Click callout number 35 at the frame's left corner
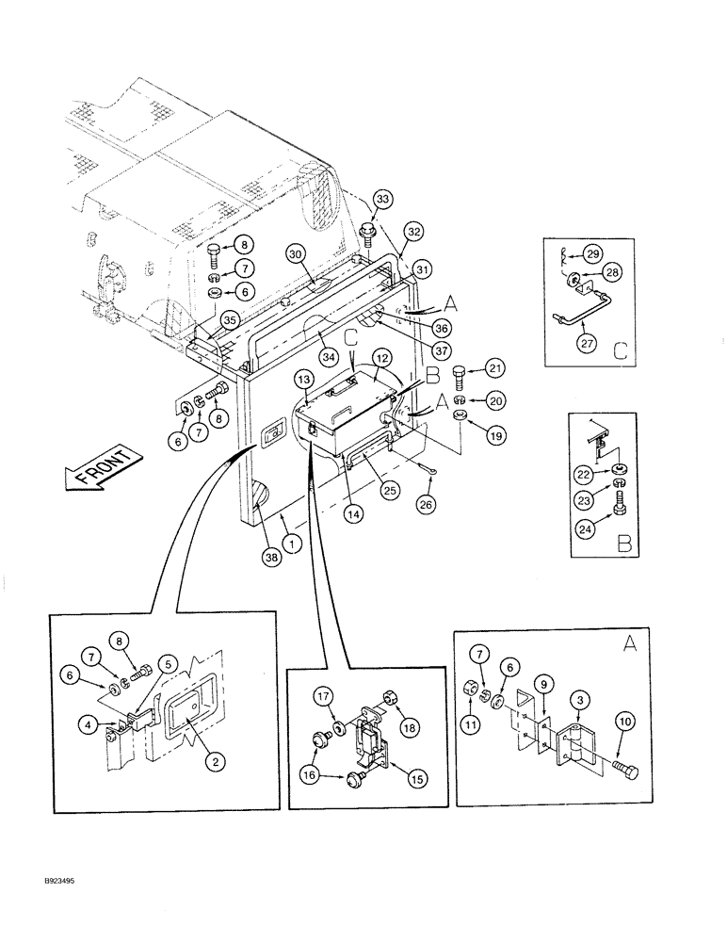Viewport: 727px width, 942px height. pos(228,319)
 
